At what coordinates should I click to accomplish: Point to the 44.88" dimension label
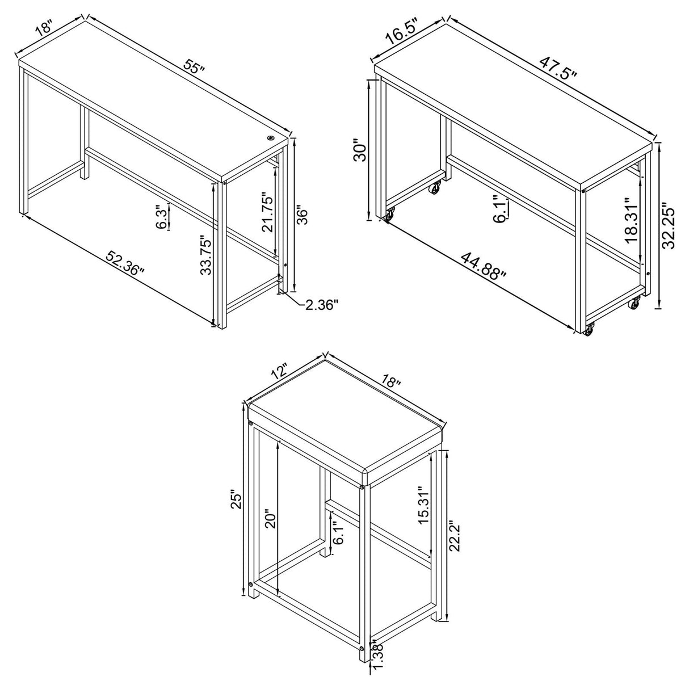[484, 266]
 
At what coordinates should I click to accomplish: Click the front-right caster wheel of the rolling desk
[590, 328]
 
